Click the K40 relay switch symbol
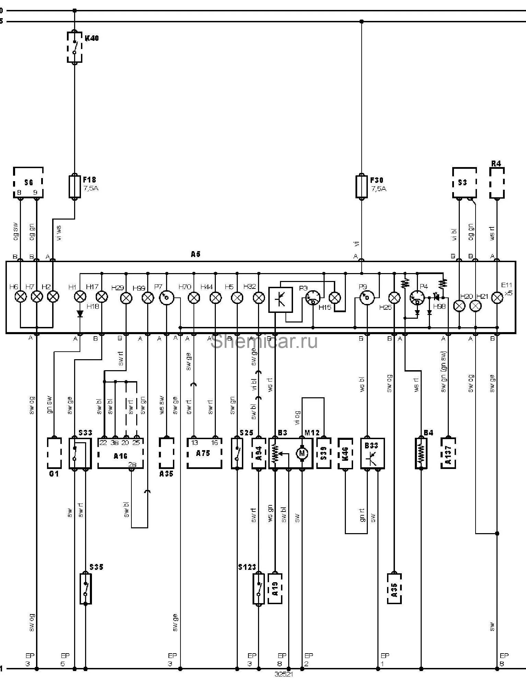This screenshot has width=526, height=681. [x=74, y=47]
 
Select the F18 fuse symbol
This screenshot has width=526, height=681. [x=74, y=187]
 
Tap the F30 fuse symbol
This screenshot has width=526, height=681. [x=361, y=187]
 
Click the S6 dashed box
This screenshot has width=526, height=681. [x=28, y=183]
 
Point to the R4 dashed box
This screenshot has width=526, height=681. [x=496, y=183]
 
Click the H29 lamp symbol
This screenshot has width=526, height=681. [x=126, y=298]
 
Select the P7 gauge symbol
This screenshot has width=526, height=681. [x=167, y=298]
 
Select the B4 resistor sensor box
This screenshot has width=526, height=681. [x=421, y=453]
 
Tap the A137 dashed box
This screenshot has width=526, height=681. [x=448, y=453]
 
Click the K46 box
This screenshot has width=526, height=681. [x=345, y=453]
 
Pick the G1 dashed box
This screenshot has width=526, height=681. [x=54, y=453]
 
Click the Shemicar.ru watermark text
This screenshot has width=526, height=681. [x=264, y=342]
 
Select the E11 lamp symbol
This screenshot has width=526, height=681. [x=497, y=298]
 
